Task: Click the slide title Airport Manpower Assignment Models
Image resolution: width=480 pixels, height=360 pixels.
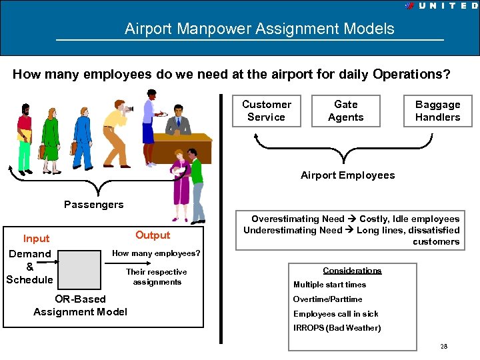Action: pos(259,29)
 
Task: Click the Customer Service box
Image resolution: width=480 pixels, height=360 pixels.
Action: pos(267,111)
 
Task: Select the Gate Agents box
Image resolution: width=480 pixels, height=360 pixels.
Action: pos(345,111)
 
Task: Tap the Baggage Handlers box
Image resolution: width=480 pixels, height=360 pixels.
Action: pos(437,111)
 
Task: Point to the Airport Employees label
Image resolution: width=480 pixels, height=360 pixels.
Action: pos(347,175)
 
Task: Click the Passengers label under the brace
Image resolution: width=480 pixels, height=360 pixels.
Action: pos(93,205)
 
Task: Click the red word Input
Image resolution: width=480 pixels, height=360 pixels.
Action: pos(36,239)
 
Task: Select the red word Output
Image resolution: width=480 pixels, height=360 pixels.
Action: pos(153,235)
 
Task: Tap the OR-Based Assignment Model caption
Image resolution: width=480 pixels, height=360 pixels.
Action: pos(80,305)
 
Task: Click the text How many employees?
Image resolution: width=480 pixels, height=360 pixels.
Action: pos(156,253)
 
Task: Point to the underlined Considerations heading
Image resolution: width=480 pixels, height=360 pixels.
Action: pos(352,271)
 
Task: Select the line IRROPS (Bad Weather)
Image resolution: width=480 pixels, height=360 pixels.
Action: pos(337,328)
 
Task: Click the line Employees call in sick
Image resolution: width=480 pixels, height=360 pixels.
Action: pos(335,313)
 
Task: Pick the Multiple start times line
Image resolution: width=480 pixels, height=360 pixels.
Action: pos(329,285)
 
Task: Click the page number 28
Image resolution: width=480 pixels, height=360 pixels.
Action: pos(443,347)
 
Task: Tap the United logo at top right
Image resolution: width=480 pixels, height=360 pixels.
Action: pos(440,5)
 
